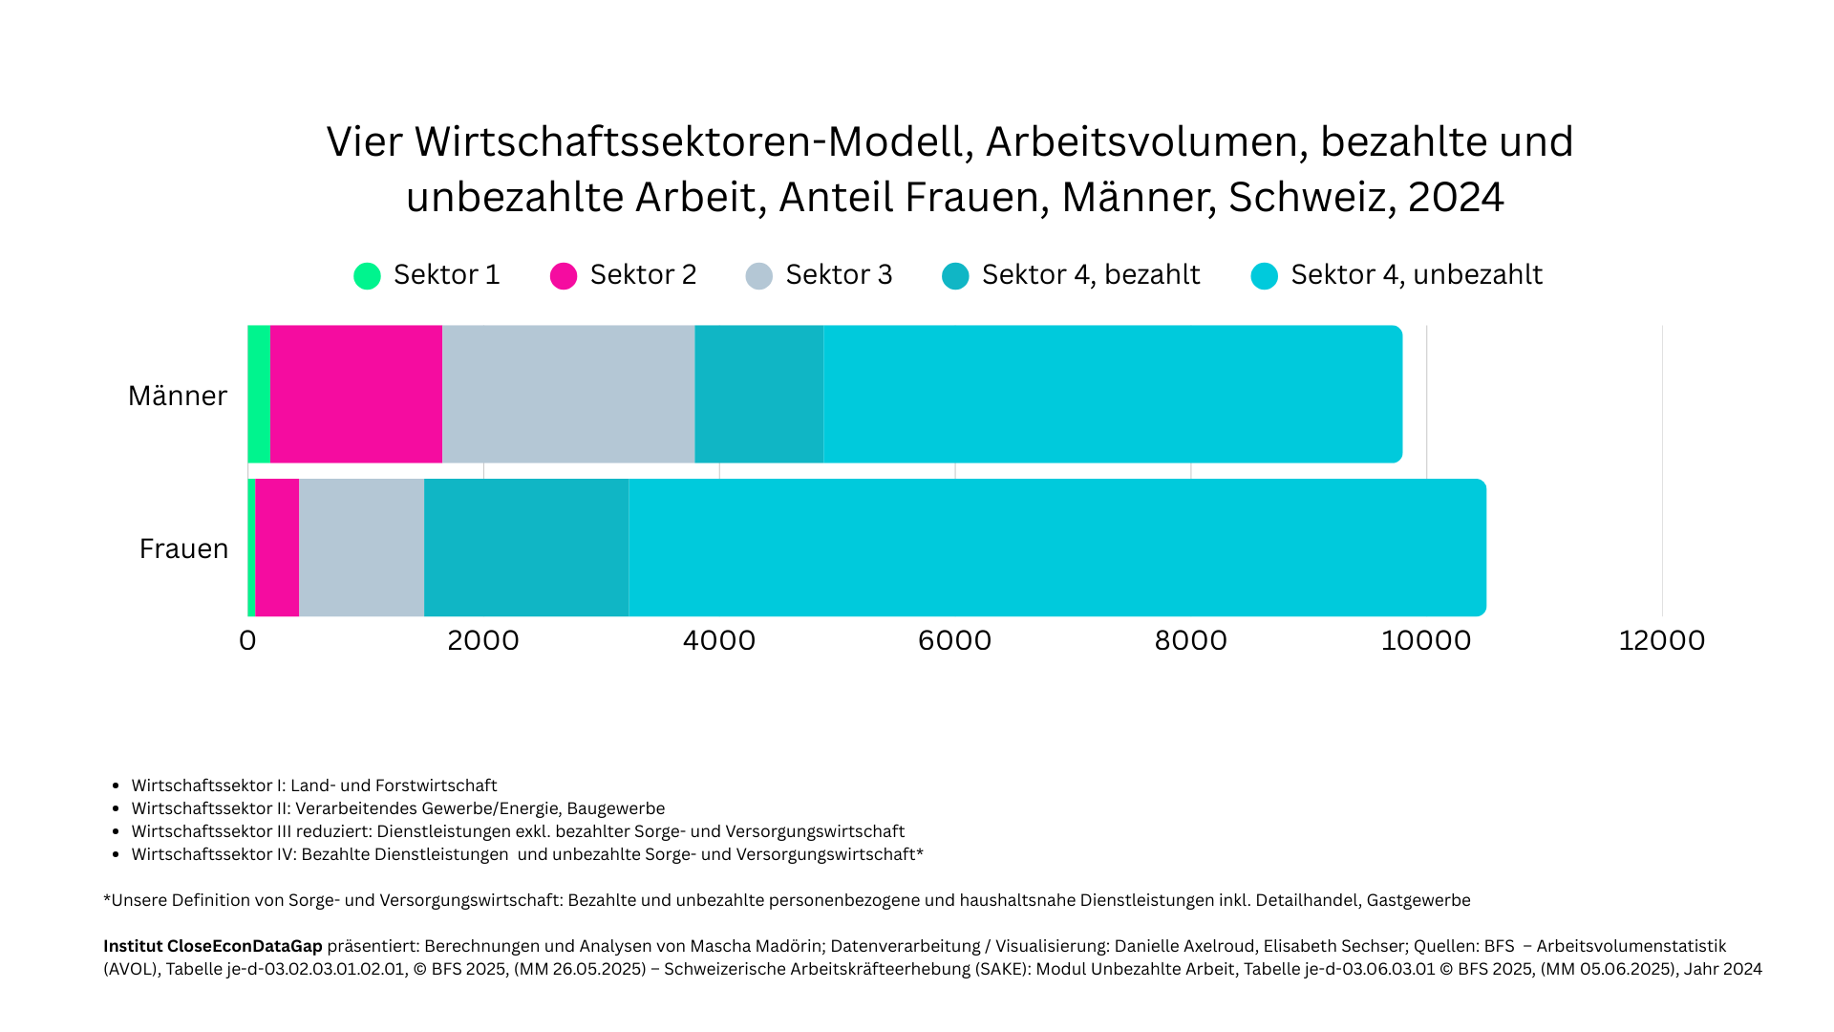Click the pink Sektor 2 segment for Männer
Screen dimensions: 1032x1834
tap(355, 394)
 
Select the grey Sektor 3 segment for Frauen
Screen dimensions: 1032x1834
tap(361, 548)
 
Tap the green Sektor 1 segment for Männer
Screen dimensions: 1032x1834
tap(259, 394)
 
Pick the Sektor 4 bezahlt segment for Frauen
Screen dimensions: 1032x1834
tap(526, 548)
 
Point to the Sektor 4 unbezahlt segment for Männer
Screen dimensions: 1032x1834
tap(1112, 394)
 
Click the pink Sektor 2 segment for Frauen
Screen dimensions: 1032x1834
tap(277, 548)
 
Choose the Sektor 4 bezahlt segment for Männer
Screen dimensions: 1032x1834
tap(758, 394)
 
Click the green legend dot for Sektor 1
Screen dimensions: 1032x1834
tap(367, 276)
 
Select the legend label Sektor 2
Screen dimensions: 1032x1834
tap(643, 275)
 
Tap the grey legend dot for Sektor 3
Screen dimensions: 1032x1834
tap(758, 276)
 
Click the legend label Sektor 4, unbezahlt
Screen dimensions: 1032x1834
tap(1416, 275)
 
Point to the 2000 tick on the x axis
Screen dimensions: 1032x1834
tap(483, 640)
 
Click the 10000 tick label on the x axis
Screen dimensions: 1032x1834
tap(1426, 640)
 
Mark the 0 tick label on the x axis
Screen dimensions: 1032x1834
tap(247, 640)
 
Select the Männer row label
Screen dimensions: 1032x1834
tap(178, 396)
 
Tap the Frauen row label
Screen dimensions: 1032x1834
tap(183, 548)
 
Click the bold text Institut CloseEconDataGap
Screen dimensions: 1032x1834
tap(212, 946)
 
